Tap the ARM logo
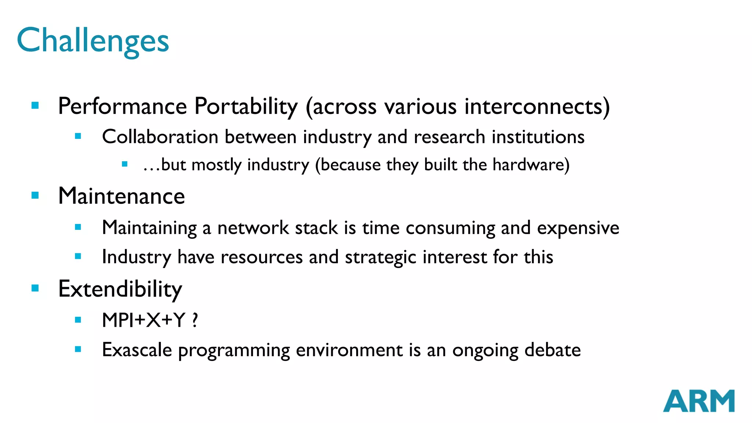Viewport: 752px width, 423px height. coord(698,401)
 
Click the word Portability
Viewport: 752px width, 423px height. coord(246,106)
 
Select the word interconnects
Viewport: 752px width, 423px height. coord(533,106)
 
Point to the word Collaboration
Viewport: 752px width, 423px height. coord(160,137)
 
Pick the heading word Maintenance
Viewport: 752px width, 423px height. coord(122,196)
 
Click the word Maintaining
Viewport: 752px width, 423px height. coord(149,228)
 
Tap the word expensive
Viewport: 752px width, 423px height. coord(578,228)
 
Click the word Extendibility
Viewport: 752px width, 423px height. coord(120,289)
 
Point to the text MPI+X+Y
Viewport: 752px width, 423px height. coord(144,320)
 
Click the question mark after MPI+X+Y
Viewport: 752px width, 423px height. coord(195,320)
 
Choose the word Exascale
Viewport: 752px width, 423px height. coord(137,350)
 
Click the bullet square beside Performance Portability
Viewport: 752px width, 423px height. coord(35,106)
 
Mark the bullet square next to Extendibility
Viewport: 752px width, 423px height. coord(35,288)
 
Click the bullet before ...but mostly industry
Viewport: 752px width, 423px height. coord(125,164)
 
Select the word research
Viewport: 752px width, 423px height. coord(449,137)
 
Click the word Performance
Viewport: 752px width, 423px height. coord(123,106)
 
